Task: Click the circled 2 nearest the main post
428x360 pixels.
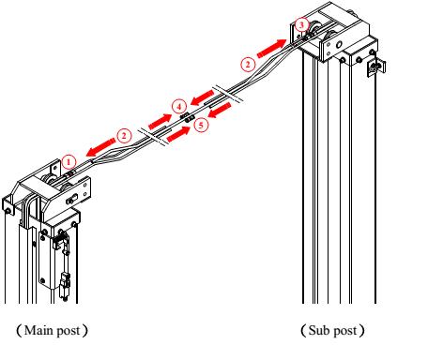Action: pos(122,134)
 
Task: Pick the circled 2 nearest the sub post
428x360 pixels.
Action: pos(247,64)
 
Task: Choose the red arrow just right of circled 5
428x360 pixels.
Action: pos(220,112)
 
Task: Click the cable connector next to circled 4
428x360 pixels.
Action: pos(188,116)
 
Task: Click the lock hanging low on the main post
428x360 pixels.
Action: pos(64,279)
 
